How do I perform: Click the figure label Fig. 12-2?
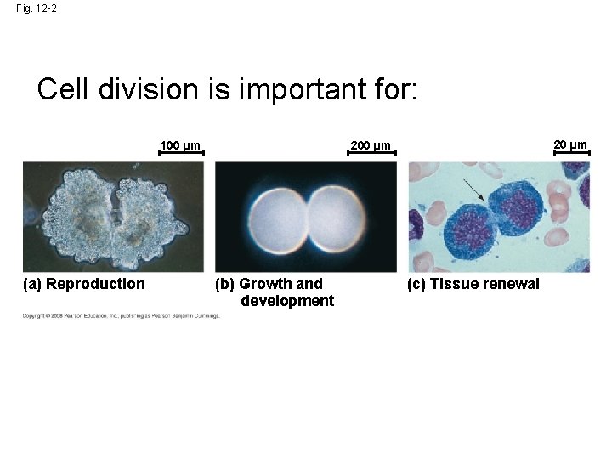pyautogui.click(x=37, y=9)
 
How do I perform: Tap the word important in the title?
pyautogui.click(x=297, y=89)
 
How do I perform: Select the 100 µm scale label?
pyautogui.click(x=181, y=145)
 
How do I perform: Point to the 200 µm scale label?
pyautogui.click(x=371, y=145)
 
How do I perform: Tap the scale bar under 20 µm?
pyautogui.click(x=570, y=154)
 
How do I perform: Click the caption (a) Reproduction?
pyautogui.click(x=84, y=284)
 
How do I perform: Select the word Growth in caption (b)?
pyautogui.click(x=267, y=284)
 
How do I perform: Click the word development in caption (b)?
pyautogui.click(x=287, y=301)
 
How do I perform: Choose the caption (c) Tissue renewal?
pyautogui.click(x=473, y=284)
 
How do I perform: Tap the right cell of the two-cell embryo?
pyautogui.click(x=337, y=218)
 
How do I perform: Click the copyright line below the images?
pyautogui.click(x=121, y=316)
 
